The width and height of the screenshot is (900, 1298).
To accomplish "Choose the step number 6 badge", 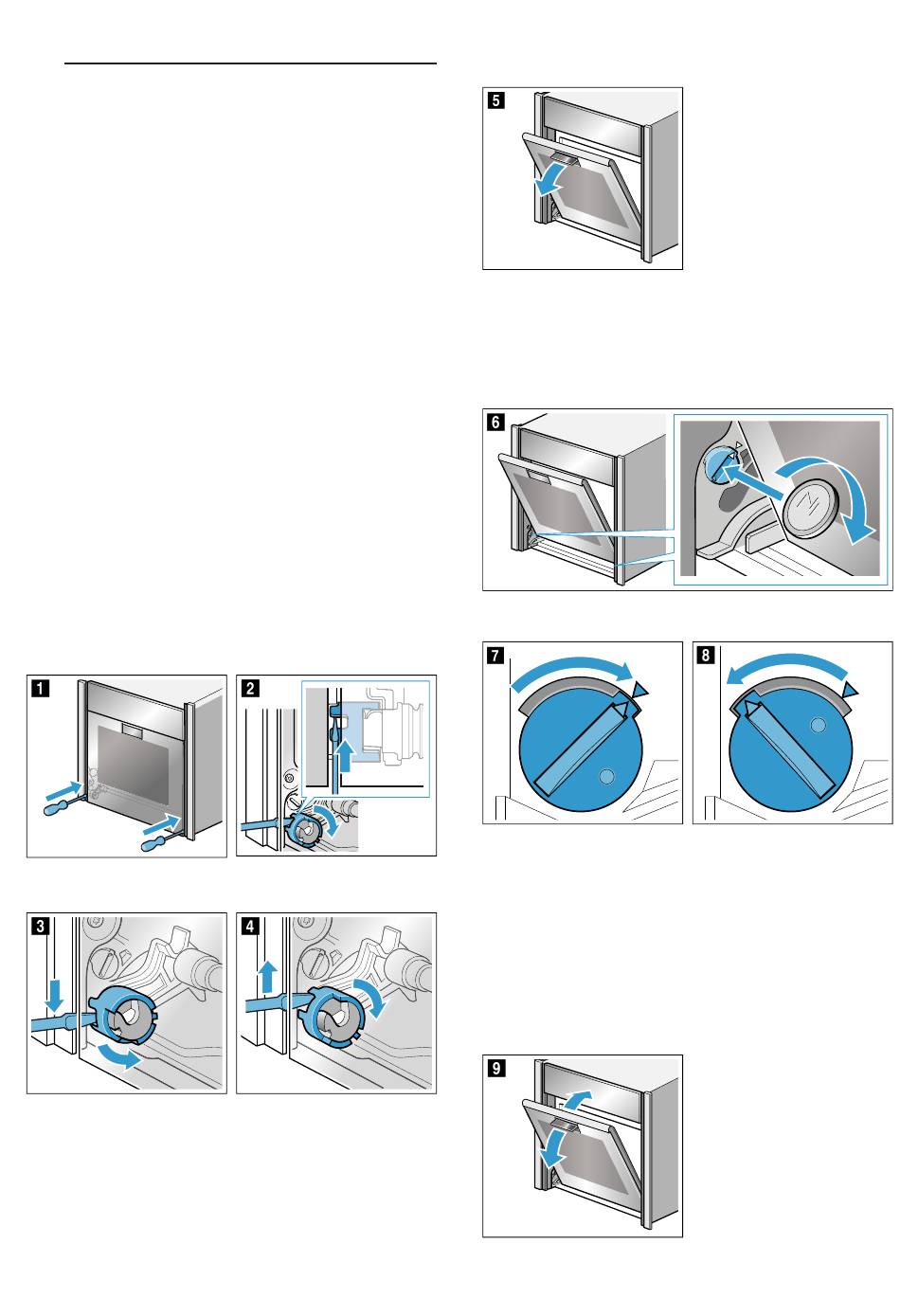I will (x=495, y=423).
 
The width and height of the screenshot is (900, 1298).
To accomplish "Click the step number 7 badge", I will (x=495, y=655).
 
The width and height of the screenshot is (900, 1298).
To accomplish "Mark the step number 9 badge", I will (x=495, y=1068).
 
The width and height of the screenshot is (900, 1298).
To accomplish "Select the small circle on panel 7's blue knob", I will (x=607, y=775).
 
